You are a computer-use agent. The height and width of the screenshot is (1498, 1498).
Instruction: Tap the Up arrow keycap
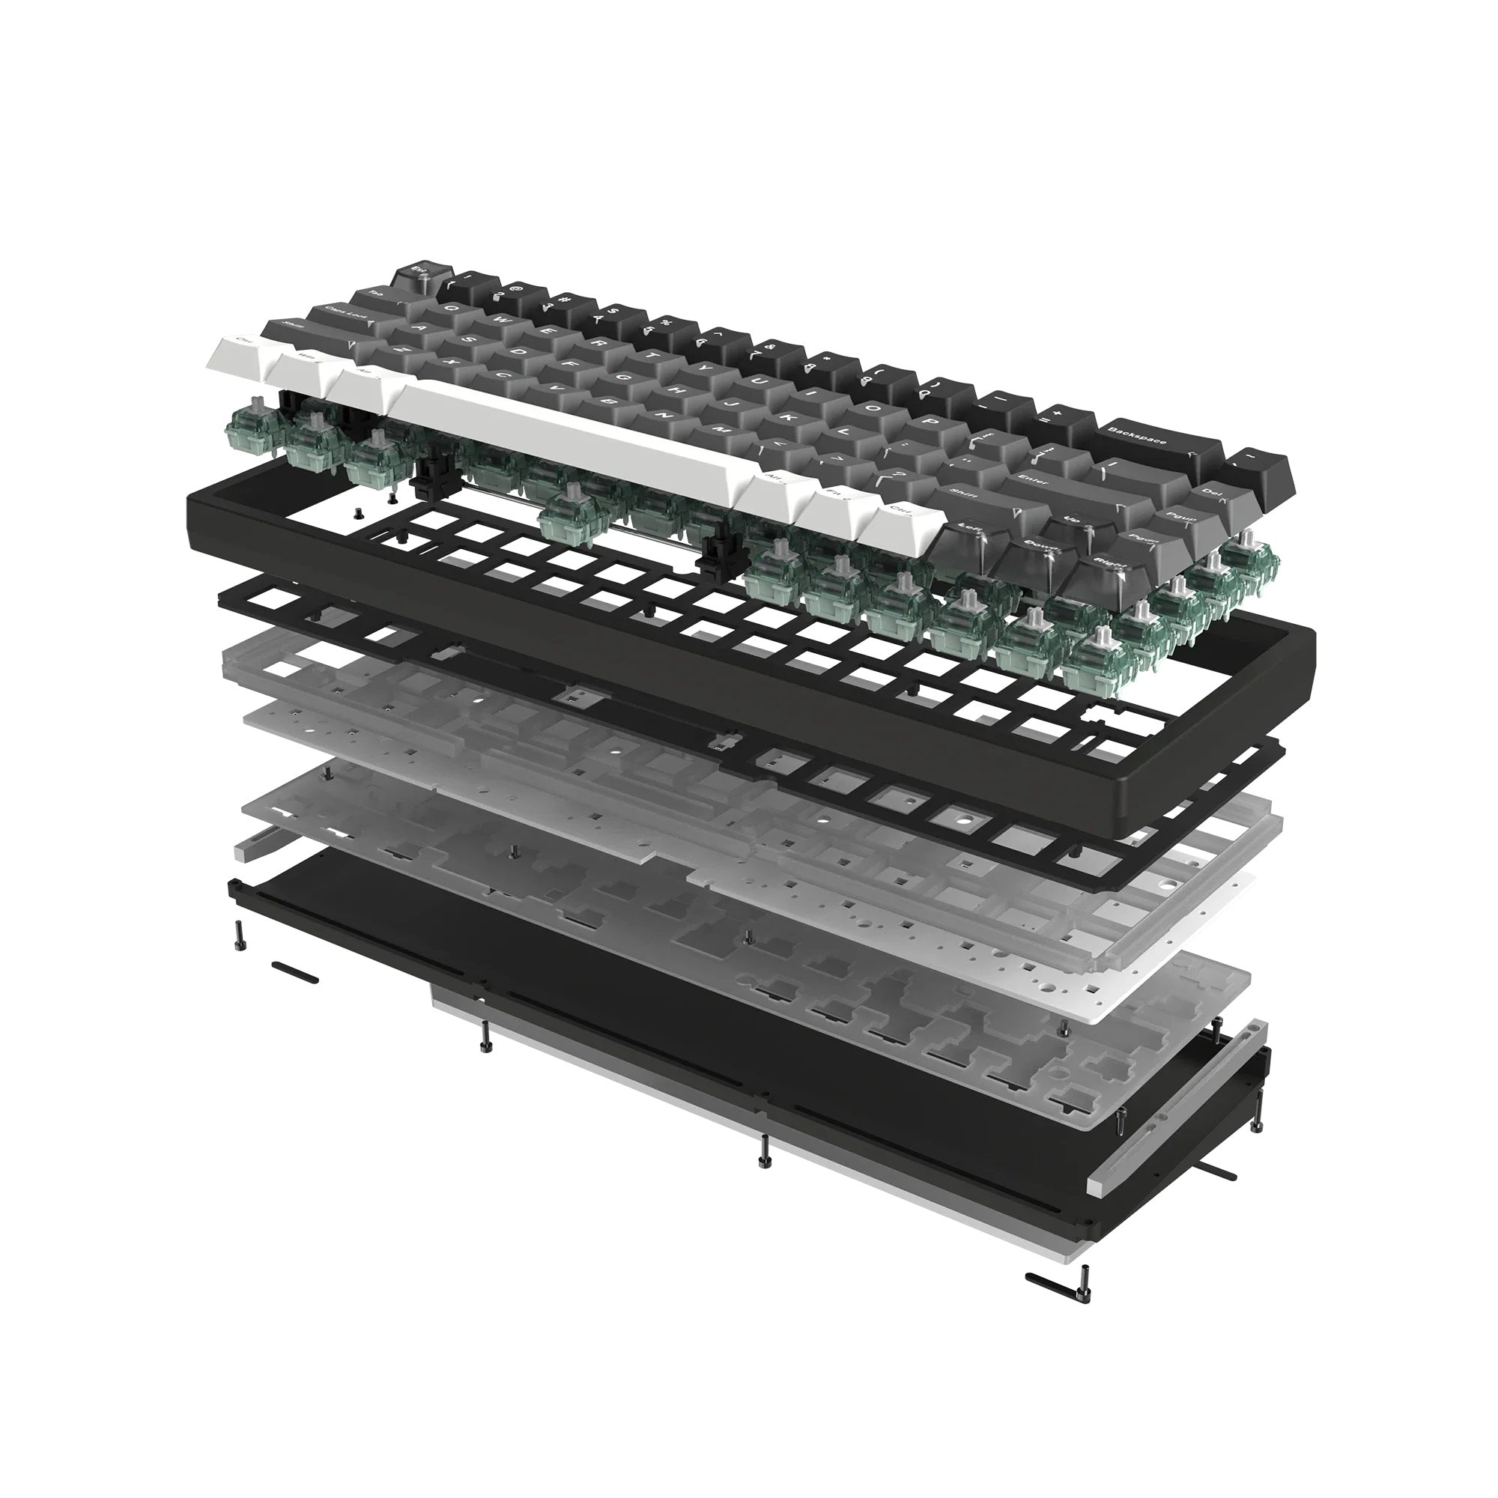point(1075,521)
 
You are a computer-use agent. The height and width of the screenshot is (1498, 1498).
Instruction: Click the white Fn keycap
point(838,494)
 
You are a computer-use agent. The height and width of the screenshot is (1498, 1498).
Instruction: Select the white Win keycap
point(307,361)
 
